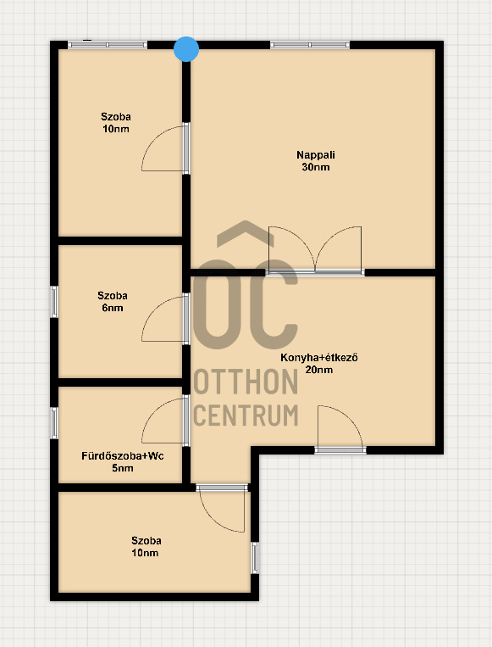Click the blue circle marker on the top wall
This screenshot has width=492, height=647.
(186, 49)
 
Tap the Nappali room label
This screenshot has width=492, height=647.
(316, 155)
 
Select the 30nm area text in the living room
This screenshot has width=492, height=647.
(316, 167)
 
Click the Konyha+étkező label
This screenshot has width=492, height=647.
(319, 357)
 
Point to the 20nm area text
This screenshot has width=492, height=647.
(319, 370)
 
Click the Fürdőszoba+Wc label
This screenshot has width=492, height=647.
(123, 456)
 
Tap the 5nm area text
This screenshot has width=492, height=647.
(123, 468)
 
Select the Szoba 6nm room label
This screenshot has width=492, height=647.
(113, 302)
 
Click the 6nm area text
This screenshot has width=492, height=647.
(113, 308)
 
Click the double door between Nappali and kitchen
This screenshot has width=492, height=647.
(315, 250)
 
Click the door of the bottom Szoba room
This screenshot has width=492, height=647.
(223, 509)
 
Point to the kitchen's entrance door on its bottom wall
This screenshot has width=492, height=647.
(340, 429)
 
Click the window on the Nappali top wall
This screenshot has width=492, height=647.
(310, 45)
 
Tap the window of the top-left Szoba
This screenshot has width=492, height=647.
(108, 45)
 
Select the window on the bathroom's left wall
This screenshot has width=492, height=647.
(54, 423)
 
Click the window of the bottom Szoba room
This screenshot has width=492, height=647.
(255, 558)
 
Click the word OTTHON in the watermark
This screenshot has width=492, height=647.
(246, 382)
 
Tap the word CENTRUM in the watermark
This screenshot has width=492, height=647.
(246, 416)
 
